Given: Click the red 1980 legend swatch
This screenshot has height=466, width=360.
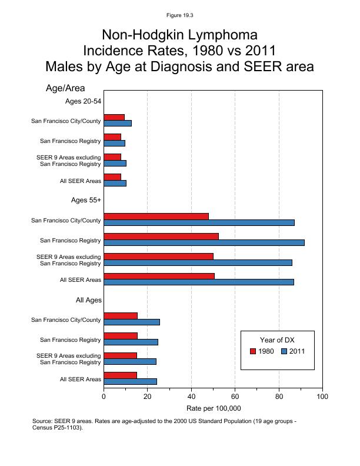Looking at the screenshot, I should coord(253,351).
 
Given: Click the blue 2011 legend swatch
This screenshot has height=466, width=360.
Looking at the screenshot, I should coord(284,351).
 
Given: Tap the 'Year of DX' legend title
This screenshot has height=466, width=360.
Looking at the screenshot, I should coord(277,339).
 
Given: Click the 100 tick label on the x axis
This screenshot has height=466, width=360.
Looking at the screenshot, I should coord(322,397).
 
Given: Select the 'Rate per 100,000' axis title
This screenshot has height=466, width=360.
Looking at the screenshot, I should coord(214,408).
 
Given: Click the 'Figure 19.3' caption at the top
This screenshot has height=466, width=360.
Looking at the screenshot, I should coord(179,15).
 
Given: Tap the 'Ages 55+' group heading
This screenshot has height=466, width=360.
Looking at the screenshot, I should coord(86,200).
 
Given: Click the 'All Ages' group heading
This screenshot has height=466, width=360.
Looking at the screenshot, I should coord(89,300).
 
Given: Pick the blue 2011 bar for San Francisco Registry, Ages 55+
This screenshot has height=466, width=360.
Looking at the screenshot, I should coord(204,242).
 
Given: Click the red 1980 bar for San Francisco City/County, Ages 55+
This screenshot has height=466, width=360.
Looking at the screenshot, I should coord(156,217).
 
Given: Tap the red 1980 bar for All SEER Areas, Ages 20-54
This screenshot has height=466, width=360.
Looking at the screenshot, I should coord(112,177).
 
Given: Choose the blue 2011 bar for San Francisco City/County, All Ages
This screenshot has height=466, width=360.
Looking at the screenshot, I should coord(132,322).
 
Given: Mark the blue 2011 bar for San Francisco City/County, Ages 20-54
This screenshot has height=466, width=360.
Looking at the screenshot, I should coord(118,123).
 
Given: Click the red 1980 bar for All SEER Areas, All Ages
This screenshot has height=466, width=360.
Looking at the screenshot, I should coord(120,375).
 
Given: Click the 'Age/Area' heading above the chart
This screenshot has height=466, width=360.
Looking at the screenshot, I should coord(65,88).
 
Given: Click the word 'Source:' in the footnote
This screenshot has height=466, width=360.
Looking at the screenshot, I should coord(44,421).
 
